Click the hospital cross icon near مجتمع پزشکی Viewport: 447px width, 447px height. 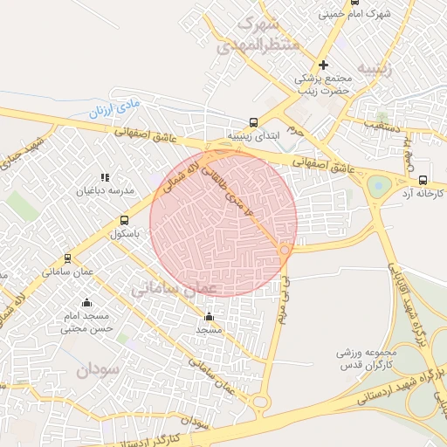click(x=323, y=65)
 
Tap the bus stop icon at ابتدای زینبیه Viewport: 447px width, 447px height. click(x=253, y=123)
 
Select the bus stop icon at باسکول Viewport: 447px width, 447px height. click(x=124, y=220)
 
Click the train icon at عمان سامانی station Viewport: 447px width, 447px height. click(x=67, y=258)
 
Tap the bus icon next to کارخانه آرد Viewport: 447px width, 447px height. click(x=423, y=172)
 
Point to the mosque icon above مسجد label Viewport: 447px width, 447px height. click(x=209, y=317)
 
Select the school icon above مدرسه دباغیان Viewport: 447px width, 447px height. click(x=105, y=177)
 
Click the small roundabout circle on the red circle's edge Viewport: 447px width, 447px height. click(x=285, y=251)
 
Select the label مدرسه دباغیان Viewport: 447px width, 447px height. click(x=105, y=189)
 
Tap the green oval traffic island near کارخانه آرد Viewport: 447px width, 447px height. click(x=379, y=186)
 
